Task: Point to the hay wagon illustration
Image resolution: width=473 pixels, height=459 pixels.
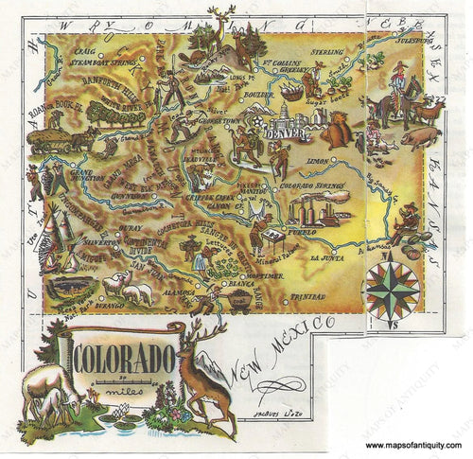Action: (48, 140)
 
